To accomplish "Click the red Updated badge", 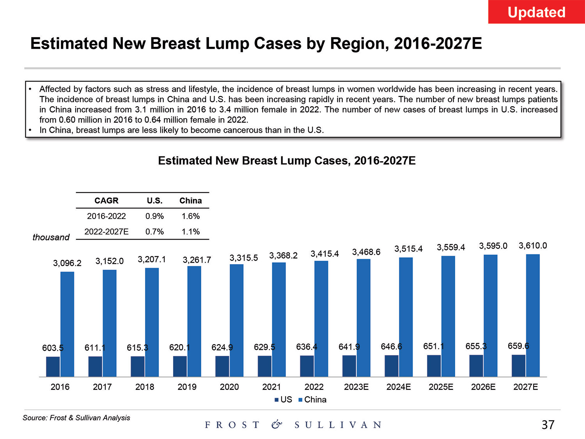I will (536, 12).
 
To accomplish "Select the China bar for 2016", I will (67, 324).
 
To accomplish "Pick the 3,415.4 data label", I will (324, 254).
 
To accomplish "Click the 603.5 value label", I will (53, 348).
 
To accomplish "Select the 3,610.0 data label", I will (533, 246).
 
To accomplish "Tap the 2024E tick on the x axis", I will (399, 387).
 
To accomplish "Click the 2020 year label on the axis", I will (229, 387).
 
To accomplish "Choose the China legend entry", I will (312, 400).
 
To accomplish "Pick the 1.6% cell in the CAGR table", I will (191, 216).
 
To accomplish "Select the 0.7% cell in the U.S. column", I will (154, 232).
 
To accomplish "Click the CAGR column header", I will (106, 201).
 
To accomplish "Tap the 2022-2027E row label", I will (106, 232).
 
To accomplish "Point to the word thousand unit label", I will (51, 237).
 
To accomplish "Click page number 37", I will (548, 425).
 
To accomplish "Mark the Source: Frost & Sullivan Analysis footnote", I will (76, 418).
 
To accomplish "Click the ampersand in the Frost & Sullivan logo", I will (277, 425).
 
